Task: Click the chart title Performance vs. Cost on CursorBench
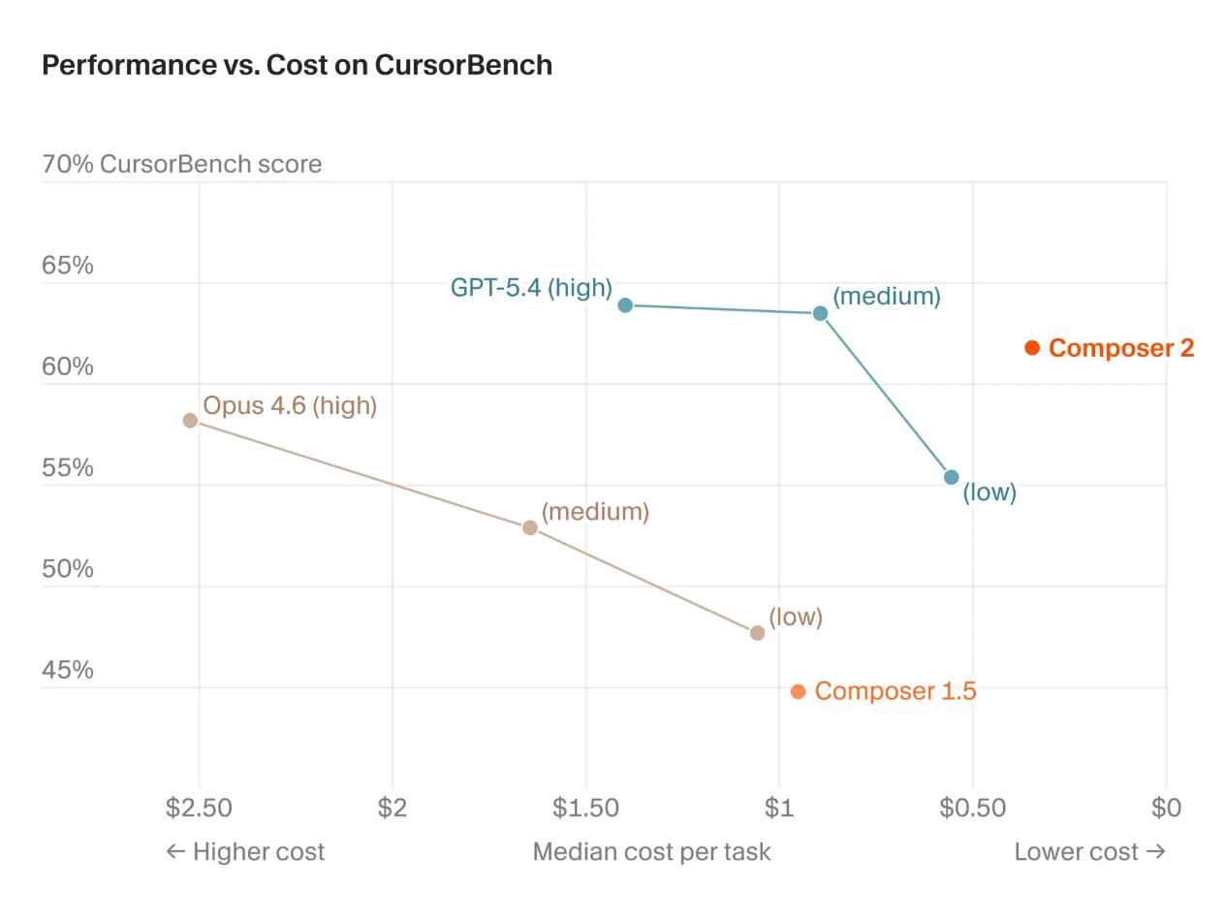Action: point(297,65)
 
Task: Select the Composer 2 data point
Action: point(1032,347)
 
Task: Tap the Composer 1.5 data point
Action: point(798,691)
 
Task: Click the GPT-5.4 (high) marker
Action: point(625,305)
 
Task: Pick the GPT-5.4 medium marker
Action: point(820,313)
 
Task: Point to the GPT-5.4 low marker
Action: point(951,477)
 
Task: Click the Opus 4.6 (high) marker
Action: point(190,421)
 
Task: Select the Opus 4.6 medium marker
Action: point(530,527)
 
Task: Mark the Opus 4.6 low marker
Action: point(757,633)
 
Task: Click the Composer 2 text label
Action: point(1121,348)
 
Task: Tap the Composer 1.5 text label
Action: point(895,691)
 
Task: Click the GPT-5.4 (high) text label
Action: point(531,288)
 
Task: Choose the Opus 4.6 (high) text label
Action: point(290,405)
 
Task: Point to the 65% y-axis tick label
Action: point(68,266)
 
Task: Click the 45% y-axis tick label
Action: point(68,670)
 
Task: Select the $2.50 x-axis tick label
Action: point(199,808)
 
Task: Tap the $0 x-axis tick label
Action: point(1166,808)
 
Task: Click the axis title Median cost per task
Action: point(651,852)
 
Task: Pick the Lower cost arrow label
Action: point(1089,852)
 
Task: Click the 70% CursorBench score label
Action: point(181,165)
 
